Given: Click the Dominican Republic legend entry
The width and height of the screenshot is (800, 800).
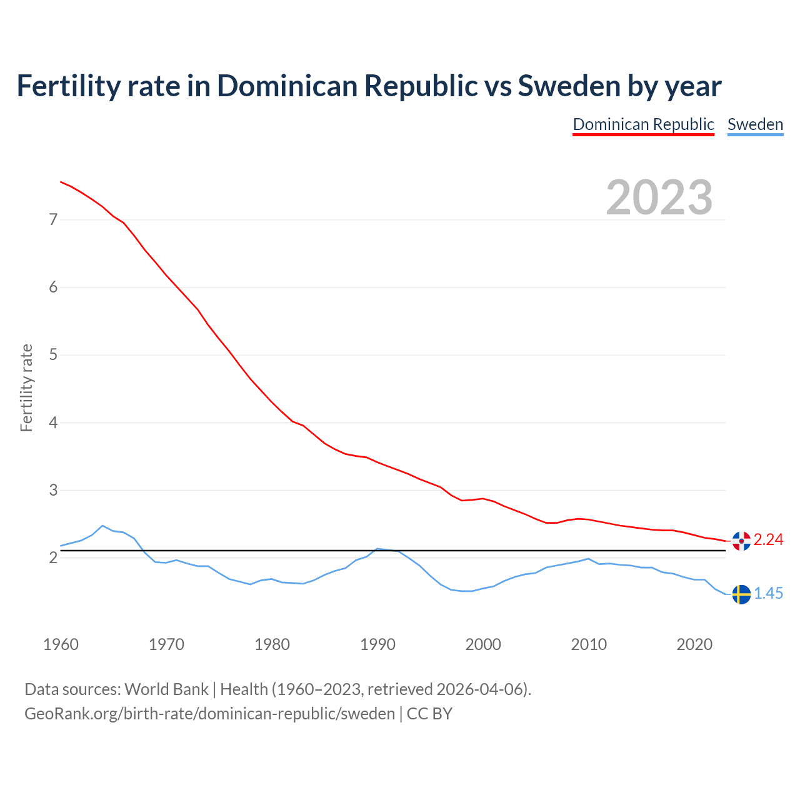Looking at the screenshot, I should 643,124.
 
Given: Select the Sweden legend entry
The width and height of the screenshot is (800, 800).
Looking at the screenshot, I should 755,124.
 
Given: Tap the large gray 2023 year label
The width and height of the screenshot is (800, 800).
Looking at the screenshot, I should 659,197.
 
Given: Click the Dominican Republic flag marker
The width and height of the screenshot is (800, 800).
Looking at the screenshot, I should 741,541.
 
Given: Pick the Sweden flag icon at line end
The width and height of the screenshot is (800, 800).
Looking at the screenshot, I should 741,594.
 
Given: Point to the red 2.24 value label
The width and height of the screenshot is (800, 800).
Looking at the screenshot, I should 768,539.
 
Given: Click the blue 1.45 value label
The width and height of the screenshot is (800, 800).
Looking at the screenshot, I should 768,594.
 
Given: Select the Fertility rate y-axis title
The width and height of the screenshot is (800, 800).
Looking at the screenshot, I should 26,387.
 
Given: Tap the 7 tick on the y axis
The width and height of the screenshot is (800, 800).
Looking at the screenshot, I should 53,219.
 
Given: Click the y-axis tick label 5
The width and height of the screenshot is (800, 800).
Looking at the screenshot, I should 53,355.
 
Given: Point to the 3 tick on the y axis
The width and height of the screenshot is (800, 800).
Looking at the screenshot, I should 53,490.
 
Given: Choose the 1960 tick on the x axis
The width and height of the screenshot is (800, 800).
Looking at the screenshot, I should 61,644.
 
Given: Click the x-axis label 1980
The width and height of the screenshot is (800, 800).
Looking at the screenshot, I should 272,644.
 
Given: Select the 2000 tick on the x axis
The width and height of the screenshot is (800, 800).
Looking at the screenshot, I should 483,644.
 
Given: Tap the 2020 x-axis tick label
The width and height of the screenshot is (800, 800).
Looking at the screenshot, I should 694,644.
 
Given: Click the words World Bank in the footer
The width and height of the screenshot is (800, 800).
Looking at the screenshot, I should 166,689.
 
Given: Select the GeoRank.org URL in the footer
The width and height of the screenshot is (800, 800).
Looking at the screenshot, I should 209,714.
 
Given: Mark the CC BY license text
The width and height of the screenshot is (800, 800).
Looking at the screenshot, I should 429,714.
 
